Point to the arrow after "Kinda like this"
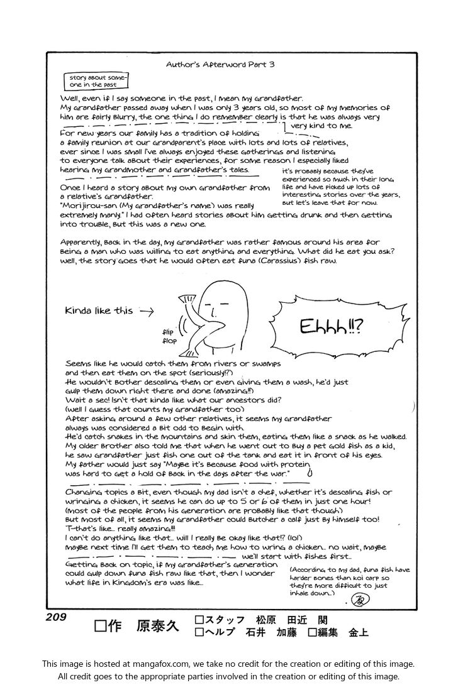[x=147, y=310]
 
